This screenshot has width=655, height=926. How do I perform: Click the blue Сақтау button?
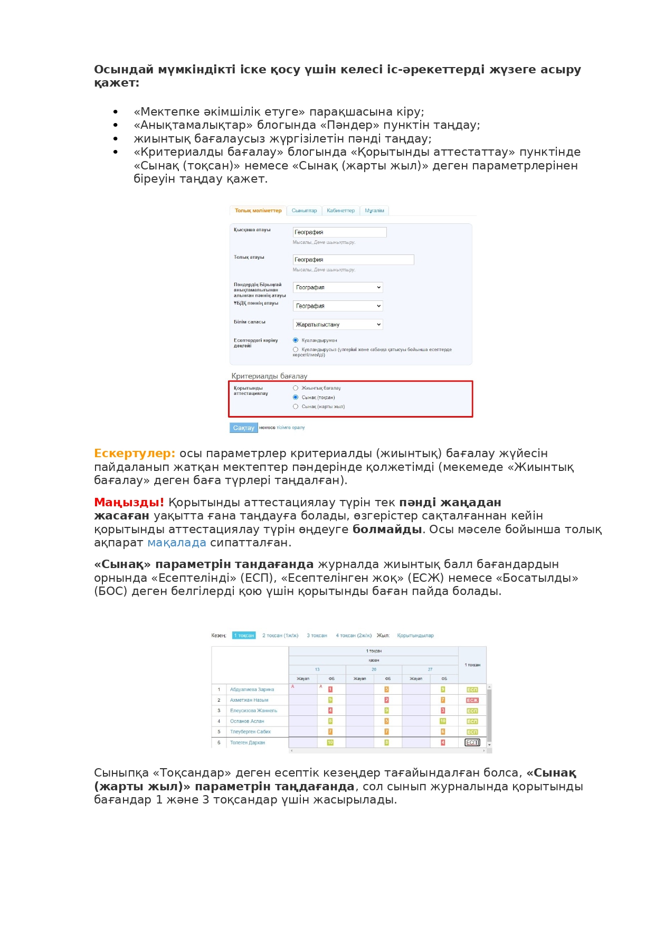pos(243,428)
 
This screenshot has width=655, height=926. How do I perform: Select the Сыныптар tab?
pos(305,211)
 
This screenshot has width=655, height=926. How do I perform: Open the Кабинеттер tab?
pos(340,211)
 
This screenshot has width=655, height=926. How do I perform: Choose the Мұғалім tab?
pos(374,211)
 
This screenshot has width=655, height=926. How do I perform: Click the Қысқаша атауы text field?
pos(339,232)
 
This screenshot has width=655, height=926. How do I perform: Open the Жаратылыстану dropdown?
pos(338,324)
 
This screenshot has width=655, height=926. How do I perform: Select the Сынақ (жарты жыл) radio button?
pos(296,407)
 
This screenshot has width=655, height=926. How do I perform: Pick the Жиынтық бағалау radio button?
pos(296,388)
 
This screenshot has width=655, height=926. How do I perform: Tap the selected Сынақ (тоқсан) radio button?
pos(296,397)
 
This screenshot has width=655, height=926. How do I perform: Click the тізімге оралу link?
pos(291,428)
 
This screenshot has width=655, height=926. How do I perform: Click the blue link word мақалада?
pos(176,543)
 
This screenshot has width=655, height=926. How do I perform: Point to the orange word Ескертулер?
pos(134,453)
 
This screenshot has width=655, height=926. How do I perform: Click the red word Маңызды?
pos(128,502)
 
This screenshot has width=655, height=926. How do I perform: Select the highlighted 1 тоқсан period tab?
pos(244,635)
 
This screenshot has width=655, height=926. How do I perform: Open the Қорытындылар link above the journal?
pos(415,635)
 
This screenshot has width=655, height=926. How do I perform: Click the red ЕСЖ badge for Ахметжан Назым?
pos(472,700)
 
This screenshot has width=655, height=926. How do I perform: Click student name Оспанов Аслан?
pos(247,721)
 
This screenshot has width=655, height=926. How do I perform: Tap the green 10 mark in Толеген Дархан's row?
pos(330,742)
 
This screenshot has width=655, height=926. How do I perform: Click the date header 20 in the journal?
pos(374,669)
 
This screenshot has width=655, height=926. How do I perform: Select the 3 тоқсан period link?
pos(317,635)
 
